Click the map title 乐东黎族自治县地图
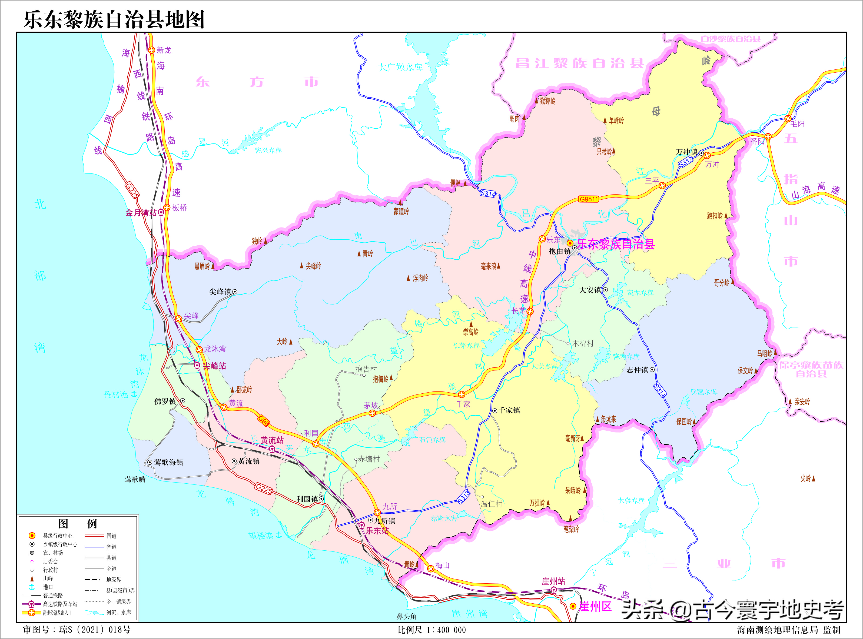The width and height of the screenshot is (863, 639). [x=114, y=19]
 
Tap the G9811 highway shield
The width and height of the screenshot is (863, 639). [x=589, y=199]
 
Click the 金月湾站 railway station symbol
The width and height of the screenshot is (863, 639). [x=161, y=212]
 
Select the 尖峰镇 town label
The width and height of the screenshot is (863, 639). [x=220, y=292]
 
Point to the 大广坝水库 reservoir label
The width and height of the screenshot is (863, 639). [x=400, y=67]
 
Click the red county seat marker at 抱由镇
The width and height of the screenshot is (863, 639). [x=570, y=243]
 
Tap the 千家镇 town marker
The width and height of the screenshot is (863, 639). [x=494, y=411]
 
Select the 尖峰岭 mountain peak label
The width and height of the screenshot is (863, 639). [x=313, y=266]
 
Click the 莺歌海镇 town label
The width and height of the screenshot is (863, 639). [x=169, y=462]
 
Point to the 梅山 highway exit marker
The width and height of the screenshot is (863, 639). [x=430, y=568]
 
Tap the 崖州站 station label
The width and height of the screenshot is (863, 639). [x=553, y=581]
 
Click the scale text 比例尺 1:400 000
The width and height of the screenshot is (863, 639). [x=431, y=630]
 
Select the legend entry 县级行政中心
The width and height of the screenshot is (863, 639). [x=58, y=536]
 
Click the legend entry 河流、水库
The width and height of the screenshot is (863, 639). [x=118, y=612]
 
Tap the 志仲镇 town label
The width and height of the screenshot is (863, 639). [x=637, y=370]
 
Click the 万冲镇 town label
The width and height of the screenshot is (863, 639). [x=686, y=152]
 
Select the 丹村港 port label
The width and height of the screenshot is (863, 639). [x=116, y=394]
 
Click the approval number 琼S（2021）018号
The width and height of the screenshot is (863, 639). [x=95, y=630]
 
